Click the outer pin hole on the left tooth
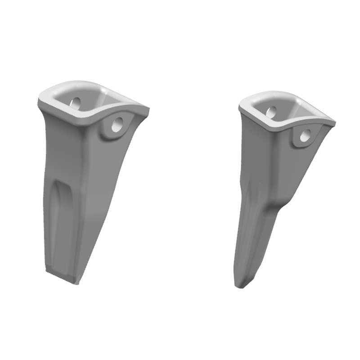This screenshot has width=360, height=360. point(117,125)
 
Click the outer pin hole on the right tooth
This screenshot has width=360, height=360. point(305,136)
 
